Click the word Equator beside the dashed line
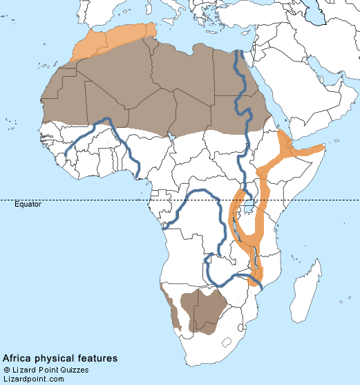click(x=28, y=205)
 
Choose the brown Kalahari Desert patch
click(x=200, y=311)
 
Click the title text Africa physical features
click(x=59, y=359)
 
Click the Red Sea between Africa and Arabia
click(x=274, y=104)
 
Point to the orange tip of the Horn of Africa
click(x=318, y=148)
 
